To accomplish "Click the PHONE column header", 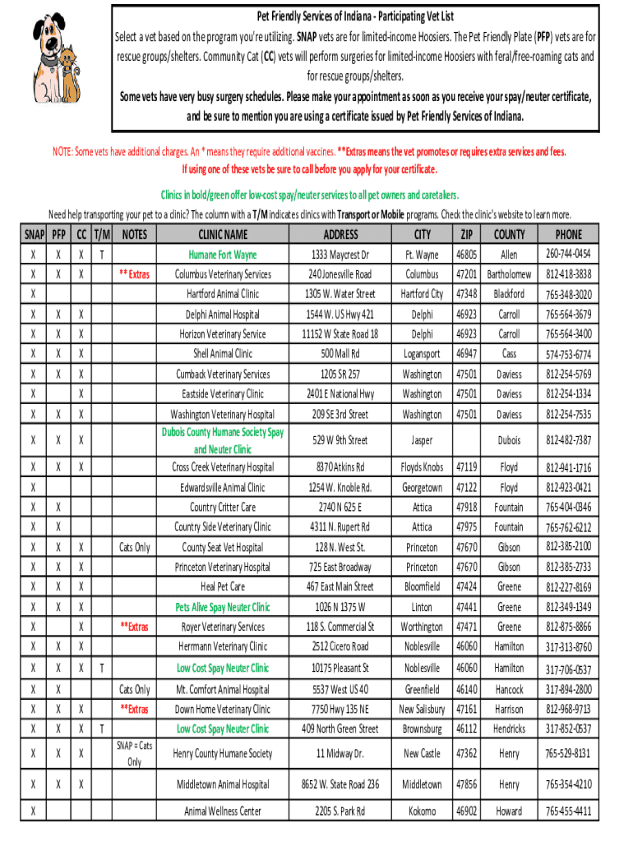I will click(568, 234).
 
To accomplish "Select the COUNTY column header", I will click(509, 234).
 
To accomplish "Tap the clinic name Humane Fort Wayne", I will click(223, 255).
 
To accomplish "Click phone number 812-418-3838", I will click(568, 274).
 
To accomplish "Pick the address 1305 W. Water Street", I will click(340, 294).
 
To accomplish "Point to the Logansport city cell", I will click(422, 354).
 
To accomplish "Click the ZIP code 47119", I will click(466, 467).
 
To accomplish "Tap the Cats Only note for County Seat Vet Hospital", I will click(135, 547).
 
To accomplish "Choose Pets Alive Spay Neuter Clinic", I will click(223, 607).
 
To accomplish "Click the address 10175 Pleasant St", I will click(340, 668).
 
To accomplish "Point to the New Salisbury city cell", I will click(422, 709).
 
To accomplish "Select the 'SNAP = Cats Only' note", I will click(135, 753).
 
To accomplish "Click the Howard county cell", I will click(509, 811).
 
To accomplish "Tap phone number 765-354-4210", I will click(568, 784).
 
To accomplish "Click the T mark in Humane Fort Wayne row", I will click(101, 255).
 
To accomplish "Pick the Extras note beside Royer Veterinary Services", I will click(135, 627).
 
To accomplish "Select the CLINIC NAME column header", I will click(223, 234).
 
